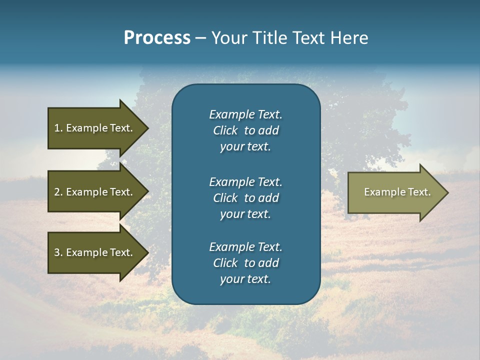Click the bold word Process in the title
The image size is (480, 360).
pos(157,38)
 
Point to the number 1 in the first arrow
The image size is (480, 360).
pos(57,128)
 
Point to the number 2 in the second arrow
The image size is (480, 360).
pos(57,192)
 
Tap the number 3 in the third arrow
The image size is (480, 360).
pos(57,252)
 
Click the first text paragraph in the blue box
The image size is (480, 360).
pos(245,130)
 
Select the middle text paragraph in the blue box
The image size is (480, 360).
pos(245,198)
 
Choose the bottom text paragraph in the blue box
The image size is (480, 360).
pos(245,263)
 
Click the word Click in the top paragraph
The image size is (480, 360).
pos(225,130)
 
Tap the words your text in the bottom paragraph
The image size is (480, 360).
pos(245,279)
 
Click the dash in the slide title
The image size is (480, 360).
pos(200,38)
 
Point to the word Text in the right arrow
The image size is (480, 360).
pos(419,192)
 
